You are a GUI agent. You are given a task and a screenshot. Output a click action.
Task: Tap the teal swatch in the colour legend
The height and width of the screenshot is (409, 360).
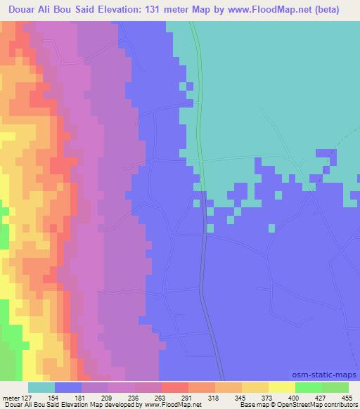pyautogui.click(x=41, y=387)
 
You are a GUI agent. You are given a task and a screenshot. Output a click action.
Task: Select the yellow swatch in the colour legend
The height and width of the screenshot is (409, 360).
pyautogui.click(x=282, y=387)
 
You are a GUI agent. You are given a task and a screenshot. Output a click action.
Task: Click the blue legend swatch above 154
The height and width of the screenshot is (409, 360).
pyautogui.click(x=68, y=387)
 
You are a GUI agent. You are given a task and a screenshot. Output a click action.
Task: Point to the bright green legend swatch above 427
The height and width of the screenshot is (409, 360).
pyautogui.click(x=309, y=387)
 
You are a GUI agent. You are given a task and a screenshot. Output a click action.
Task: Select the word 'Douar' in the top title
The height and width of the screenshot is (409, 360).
pyautogui.click(x=22, y=10)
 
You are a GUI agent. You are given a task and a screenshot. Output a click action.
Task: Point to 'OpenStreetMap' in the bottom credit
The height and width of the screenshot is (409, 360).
pyautogui.click(x=307, y=405)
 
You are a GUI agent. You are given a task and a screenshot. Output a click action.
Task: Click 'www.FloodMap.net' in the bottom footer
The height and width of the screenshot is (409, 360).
pyautogui.click(x=169, y=405)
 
